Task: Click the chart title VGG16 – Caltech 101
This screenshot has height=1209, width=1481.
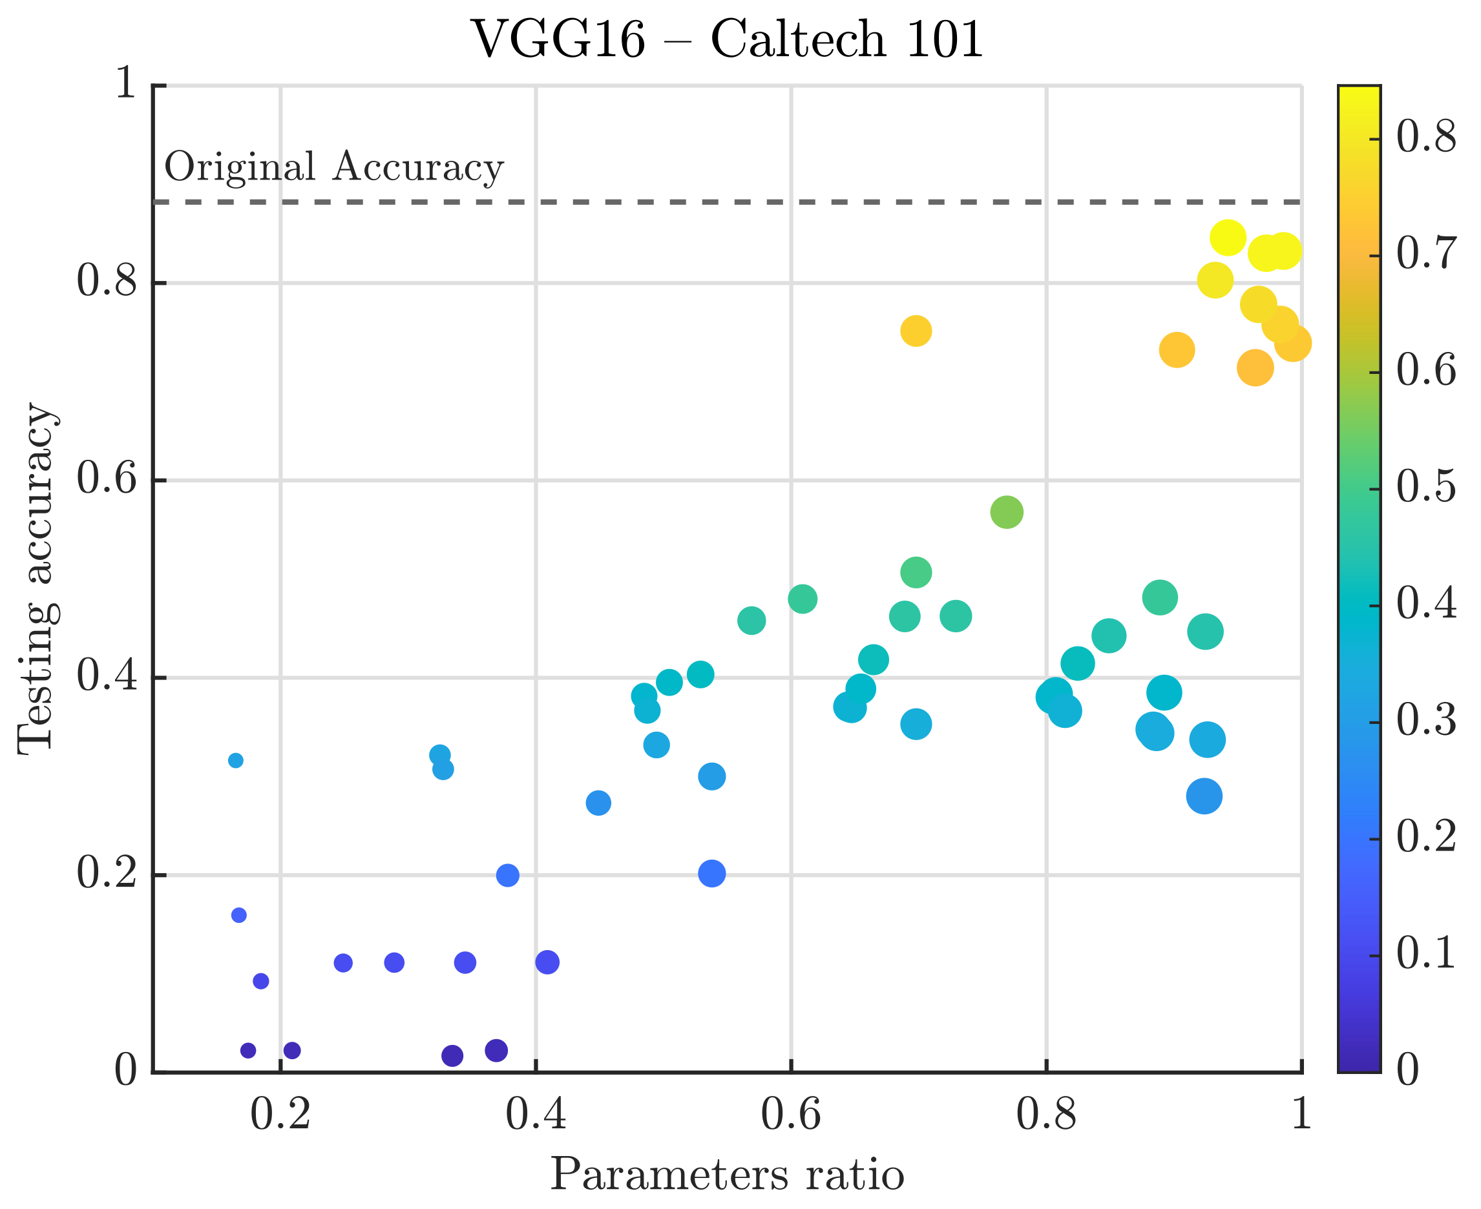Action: (x=728, y=39)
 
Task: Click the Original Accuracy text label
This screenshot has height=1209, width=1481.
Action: (x=333, y=168)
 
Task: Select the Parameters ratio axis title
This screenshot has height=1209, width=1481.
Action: (x=728, y=1174)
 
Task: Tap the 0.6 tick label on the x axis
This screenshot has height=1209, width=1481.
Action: (x=791, y=1113)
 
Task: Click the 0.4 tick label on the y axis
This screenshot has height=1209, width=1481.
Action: (x=106, y=676)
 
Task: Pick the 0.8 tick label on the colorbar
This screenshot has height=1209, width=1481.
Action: (x=1425, y=137)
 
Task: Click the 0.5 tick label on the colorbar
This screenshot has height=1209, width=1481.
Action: (x=1425, y=488)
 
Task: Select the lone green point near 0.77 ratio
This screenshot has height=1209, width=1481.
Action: (x=1007, y=513)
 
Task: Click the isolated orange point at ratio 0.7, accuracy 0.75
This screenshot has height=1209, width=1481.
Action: (x=916, y=331)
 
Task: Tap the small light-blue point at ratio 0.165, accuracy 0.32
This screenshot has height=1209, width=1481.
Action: (x=236, y=761)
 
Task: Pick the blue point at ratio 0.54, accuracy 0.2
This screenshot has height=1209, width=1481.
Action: (x=712, y=873)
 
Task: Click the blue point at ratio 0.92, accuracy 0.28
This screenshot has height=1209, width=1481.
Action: (x=1204, y=796)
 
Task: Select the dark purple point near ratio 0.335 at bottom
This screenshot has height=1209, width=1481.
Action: (x=452, y=1056)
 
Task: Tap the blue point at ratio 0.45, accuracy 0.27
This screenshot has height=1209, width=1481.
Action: (x=598, y=803)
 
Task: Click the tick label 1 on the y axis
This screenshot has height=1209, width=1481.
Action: (x=125, y=85)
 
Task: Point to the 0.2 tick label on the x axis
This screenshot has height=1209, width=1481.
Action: (x=280, y=1113)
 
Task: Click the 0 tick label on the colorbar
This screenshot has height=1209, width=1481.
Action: (x=1407, y=1069)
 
